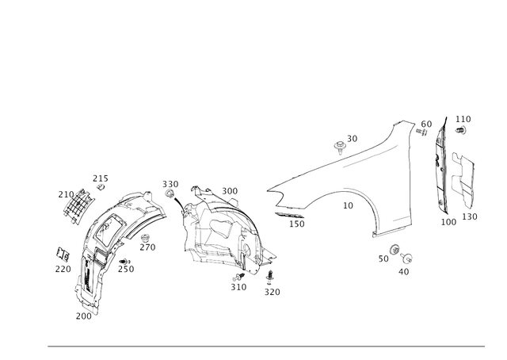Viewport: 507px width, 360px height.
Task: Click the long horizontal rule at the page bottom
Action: [266, 346]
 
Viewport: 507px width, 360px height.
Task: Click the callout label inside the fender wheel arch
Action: [346, 204]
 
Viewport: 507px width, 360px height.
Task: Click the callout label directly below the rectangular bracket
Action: [470, 215]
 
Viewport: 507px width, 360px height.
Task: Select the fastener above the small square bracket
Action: [99, 182]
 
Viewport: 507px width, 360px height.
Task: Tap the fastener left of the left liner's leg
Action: [63, 254]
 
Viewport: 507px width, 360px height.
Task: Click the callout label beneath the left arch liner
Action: [83, 316]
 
